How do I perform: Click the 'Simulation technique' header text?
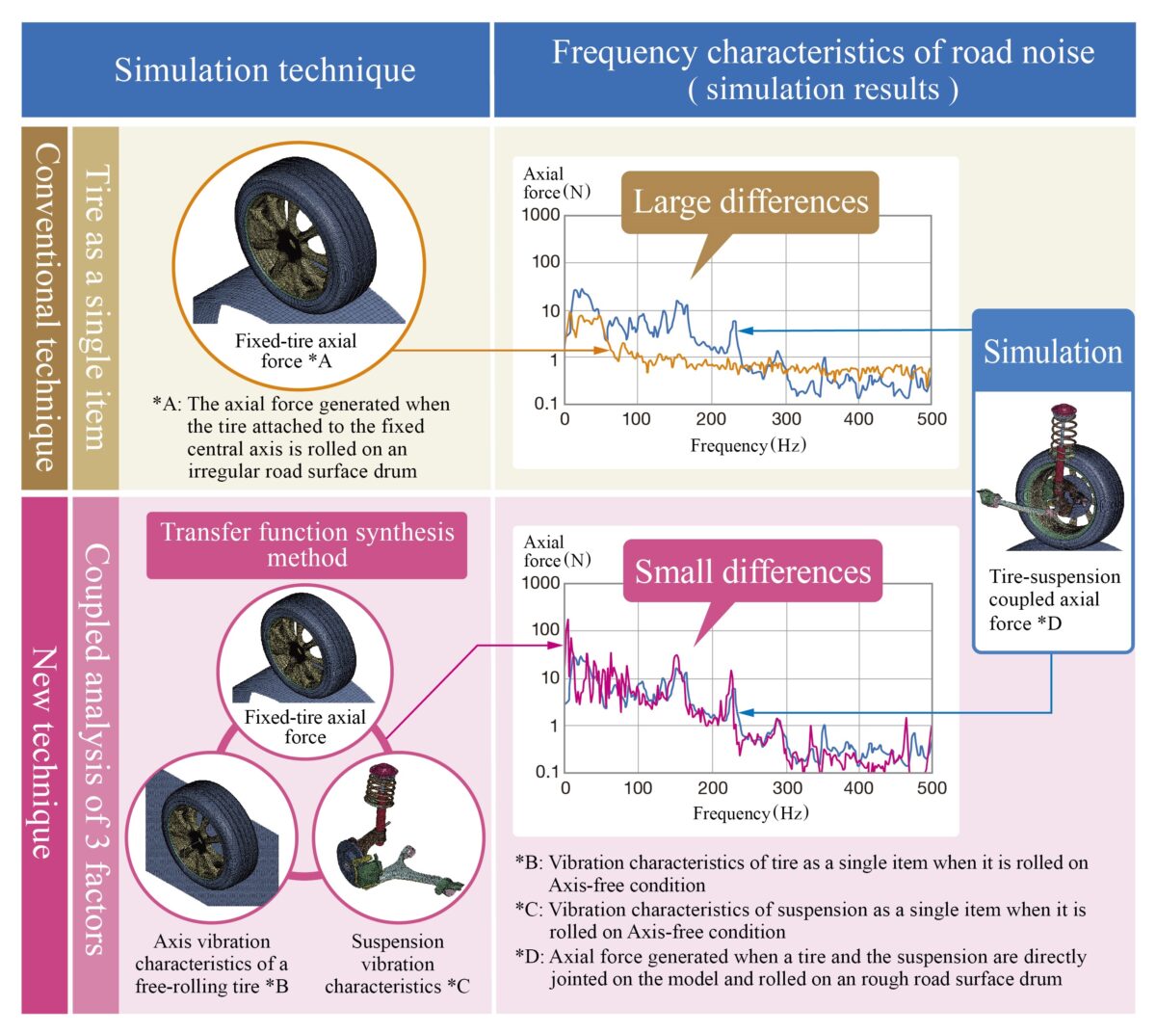[265, 70]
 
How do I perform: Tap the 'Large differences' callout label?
[750, 202]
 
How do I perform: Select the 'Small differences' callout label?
[752, 571]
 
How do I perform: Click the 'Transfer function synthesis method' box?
[306, 545]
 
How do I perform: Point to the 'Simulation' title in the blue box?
[1052, 352]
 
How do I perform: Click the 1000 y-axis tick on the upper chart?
[541, 215]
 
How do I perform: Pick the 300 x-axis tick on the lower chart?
[787, 787]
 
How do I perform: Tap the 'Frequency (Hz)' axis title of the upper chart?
[748, 445]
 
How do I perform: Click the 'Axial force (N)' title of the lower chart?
[557, 551]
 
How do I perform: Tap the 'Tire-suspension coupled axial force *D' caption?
[1054, 599]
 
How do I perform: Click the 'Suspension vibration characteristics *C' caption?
[397, 964]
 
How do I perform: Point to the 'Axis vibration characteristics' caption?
[211, 964]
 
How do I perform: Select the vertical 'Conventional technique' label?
[44, 307]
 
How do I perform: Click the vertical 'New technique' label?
[44, 752]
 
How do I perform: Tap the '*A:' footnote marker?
[168, 404]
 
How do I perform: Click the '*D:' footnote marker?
[530, 957]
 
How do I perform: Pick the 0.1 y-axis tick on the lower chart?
[546, 772]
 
